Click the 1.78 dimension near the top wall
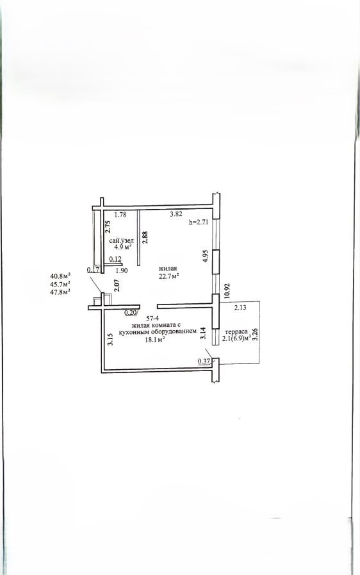tap(120, 215)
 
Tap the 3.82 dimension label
tap(176, 215)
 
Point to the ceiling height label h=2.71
tap(199, 222)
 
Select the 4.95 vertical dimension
tap(206, 256)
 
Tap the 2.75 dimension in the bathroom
tap(108, 227)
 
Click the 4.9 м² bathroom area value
tap(123, 247)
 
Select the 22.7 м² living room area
tap(168, 276)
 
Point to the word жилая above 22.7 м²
tap(168, 269)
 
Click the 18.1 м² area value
tap(155, 339)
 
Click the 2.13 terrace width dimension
tap(240, 308)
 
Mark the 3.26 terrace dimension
tap(256, 334)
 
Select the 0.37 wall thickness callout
tap(204, 361)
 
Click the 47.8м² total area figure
tap(60, 292)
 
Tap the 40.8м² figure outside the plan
tap(60, 276)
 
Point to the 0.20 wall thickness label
tap(130, 312)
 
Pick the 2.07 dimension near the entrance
tap(117, 285)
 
